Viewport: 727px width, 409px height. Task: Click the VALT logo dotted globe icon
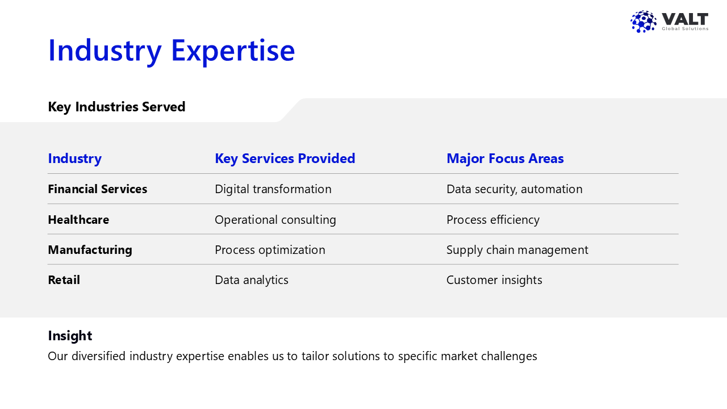644,22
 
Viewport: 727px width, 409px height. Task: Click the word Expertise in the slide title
233,51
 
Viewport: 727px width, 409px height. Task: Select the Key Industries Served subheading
116,107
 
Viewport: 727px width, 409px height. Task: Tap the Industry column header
74,158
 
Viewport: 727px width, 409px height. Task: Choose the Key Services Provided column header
285,158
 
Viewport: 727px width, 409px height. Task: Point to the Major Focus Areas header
505,158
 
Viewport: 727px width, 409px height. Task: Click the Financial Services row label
97,189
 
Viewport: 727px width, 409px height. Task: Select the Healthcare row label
78,220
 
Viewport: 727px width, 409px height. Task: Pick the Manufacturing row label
90,250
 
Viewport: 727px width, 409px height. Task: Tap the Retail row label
64,280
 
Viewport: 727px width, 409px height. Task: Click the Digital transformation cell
273,189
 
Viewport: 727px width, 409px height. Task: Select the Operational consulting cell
275,220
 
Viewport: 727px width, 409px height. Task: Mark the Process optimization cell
270,250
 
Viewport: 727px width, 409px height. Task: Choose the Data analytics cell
252,280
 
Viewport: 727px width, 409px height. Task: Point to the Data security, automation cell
515,189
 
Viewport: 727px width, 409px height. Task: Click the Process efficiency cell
493,220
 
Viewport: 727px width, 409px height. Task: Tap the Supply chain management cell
517,250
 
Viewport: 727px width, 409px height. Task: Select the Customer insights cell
494,280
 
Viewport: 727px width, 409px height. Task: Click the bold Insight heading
70,336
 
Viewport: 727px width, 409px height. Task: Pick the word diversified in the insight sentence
99,356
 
